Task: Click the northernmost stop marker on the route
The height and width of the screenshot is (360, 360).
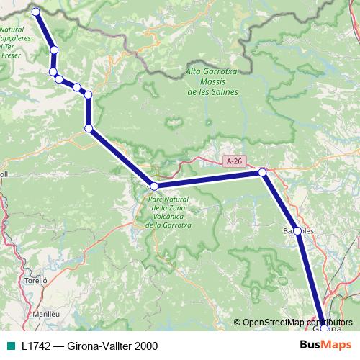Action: click(x=35, y=11)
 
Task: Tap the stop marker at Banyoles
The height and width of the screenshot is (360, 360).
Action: click(x=297, y=231)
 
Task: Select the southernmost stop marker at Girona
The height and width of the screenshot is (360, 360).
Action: click(x=324, y=328)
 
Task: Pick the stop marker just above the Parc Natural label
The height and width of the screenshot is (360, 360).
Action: click(x=153, y=186)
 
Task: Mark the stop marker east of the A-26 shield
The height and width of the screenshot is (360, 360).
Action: click(x=263, y=172)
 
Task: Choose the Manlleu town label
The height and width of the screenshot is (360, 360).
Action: click(x=45, y=315)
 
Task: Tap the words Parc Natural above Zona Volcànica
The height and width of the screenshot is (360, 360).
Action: click(x=169, y=197)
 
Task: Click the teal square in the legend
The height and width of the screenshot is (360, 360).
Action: click(x=9, y=346)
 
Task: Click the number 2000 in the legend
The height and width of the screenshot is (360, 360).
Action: click(x=143, y=346)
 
